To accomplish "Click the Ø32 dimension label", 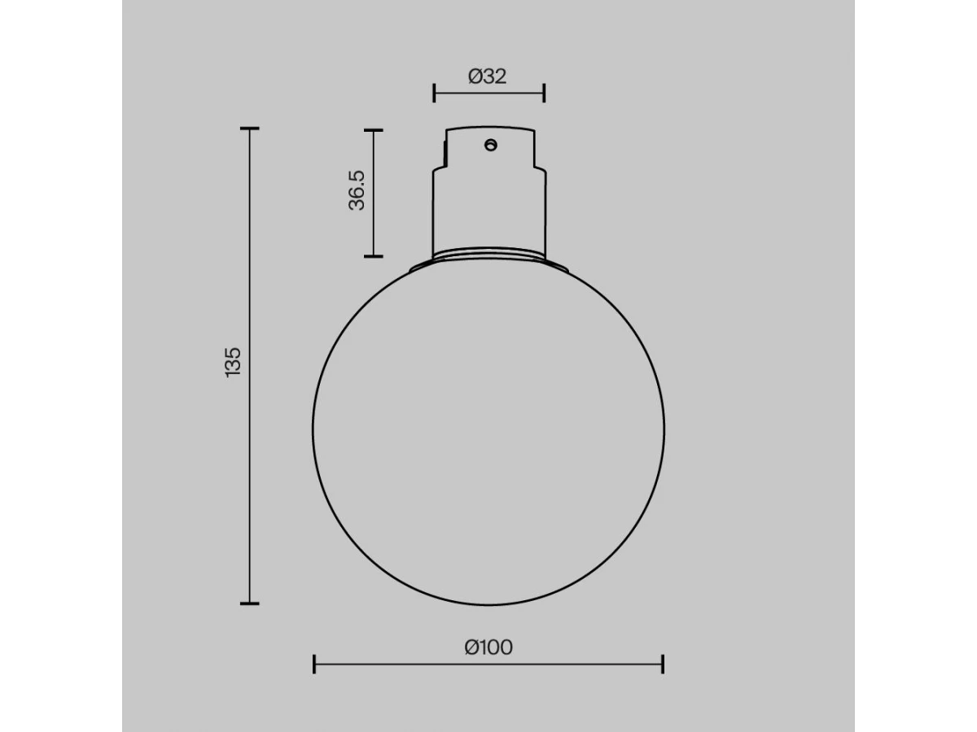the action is tap(488, 76).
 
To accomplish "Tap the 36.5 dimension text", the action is tap(357, 190).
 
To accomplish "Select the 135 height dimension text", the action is tap(233, 363).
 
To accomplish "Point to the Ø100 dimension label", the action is tap(488, 647).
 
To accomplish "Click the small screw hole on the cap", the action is tap(490, 145).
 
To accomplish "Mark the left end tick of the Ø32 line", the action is tap(434, 94).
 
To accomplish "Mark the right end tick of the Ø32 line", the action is tap(544, 94).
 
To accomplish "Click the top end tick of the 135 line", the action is tap(250, 129).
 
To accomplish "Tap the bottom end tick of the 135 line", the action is tap(250, 603).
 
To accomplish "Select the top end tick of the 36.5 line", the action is tap(374, 130).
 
